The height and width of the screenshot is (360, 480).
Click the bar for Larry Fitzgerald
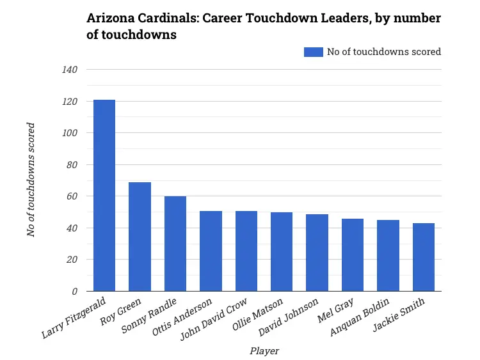click(104, 195)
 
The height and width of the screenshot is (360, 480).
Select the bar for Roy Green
click(140, 237)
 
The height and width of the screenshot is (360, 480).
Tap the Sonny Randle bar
click(175, 244)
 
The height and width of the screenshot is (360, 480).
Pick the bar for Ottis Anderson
click(211, 251)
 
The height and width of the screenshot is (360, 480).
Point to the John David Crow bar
click(246, 251)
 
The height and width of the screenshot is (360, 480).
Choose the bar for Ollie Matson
click(282, 251)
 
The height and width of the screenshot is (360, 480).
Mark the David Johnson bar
click(317, 253)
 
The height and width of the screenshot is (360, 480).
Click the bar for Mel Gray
click(353, 254)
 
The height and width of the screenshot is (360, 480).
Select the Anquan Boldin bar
click(388, 255)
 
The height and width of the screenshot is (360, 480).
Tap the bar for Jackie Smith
click(424, 257)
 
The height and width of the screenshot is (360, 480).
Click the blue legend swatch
click(314, 52)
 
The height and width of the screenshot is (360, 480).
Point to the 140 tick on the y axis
click(70, 70)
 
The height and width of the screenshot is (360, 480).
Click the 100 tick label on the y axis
click(70, 133)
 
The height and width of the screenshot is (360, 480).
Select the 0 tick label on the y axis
click(74, 292)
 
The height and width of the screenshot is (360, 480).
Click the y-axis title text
click(31, 180)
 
